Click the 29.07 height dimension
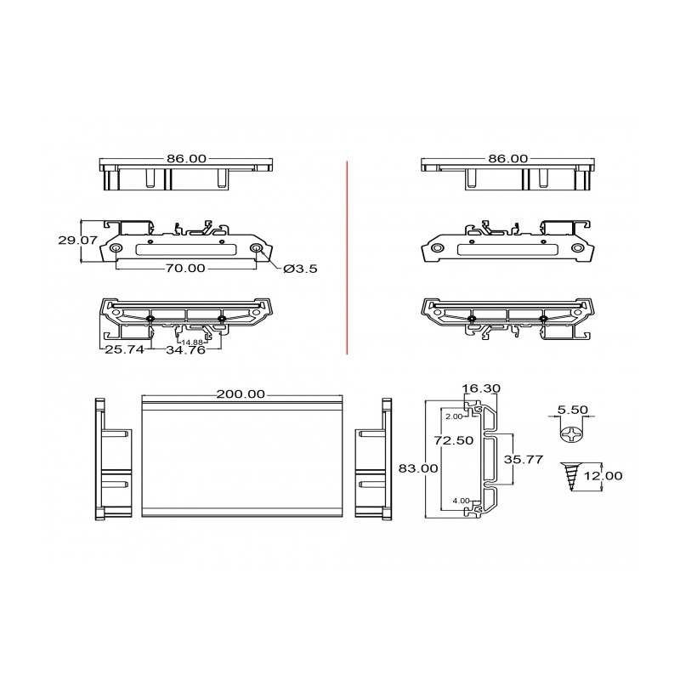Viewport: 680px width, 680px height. tap(77, 240)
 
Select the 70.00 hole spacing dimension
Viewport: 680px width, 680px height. tap(185, 268)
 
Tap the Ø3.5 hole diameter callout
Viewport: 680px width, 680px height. tap(300, 269)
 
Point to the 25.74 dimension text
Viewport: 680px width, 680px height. tap(124, 349)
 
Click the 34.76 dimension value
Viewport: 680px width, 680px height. tap(185, 349)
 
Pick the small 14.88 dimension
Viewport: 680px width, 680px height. tap(192, 343)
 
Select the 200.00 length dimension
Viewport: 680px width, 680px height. tap(241, 394)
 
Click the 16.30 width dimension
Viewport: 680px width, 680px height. tap(480, 388)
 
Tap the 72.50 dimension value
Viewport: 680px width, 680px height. tap(454, 440)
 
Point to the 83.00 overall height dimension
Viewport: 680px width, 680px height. tap(418, 468)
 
